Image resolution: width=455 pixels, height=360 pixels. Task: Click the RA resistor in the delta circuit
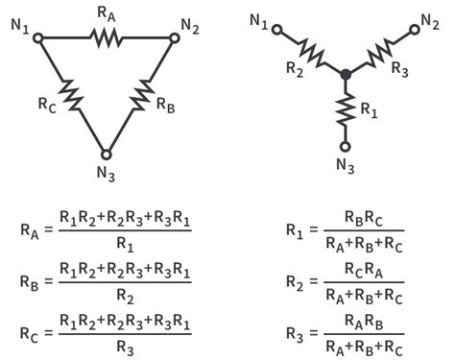106,37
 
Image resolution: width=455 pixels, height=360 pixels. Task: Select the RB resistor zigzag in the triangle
141,95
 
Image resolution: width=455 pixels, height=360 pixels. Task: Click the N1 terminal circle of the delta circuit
38,38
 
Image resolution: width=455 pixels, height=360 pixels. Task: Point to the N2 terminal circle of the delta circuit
174,38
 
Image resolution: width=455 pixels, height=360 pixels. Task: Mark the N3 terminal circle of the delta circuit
107,154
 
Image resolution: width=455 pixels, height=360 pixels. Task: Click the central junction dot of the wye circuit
345,73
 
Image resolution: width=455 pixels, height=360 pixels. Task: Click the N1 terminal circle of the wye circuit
275,29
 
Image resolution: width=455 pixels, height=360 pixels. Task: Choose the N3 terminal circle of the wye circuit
345,146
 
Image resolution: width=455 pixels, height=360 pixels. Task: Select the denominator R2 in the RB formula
124,292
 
